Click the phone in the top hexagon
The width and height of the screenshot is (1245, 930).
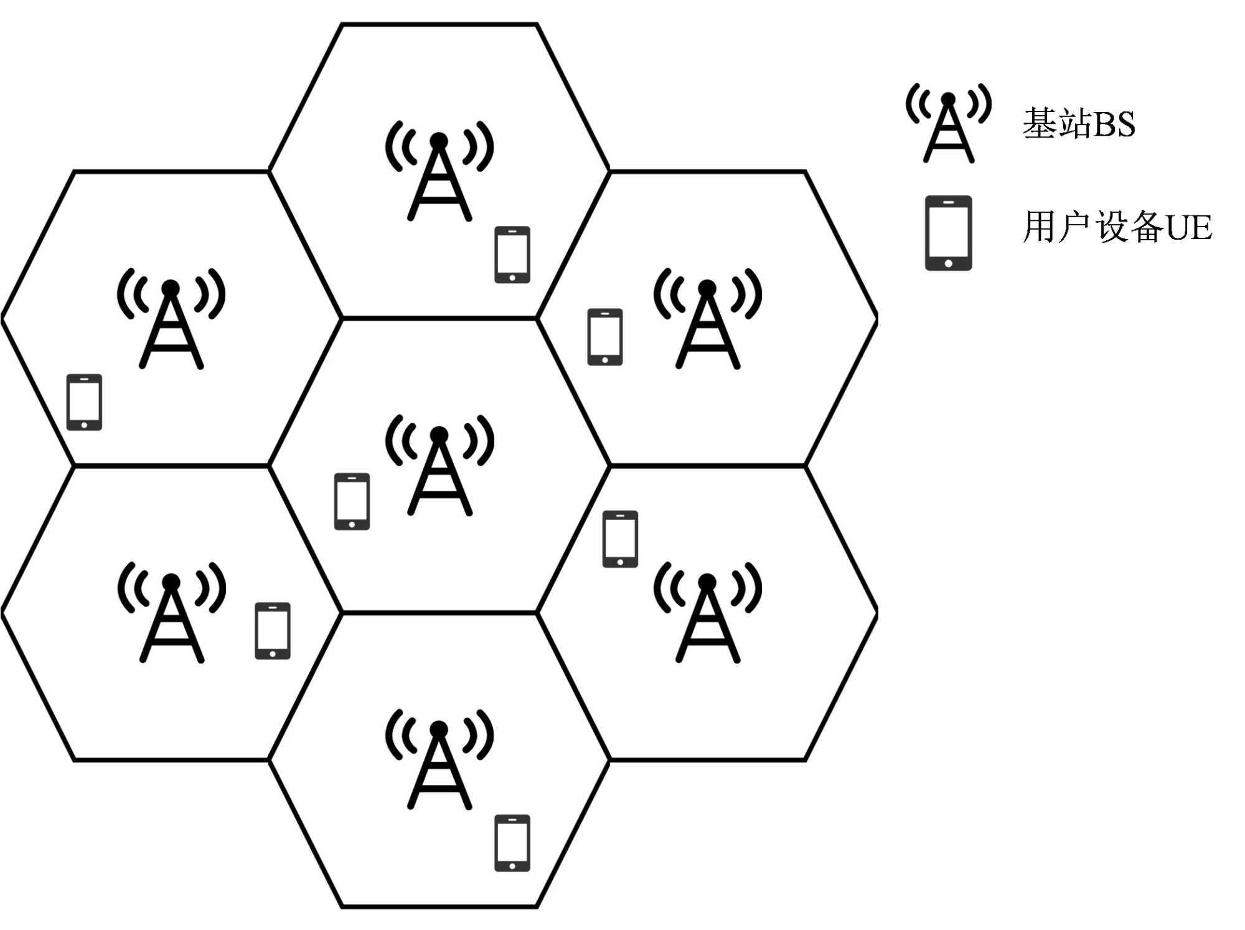tap(512, 255)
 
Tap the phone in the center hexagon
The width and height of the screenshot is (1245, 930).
tap(352, 501)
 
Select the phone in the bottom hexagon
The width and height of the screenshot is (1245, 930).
tap(512, 843)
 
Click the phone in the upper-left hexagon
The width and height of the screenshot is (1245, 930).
tap(84, 402)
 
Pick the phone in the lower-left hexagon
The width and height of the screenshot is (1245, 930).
tap(273, 631)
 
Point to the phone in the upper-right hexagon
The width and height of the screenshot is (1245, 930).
tap(605, 337)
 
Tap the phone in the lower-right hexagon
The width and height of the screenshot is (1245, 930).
tap(620, 539)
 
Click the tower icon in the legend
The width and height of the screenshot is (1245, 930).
tap(948, 124)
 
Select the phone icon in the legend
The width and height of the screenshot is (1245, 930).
tap(948, 233)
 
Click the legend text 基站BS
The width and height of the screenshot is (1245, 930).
tap(1079, 123)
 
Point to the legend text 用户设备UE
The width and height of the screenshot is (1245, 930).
tap(1117, 227)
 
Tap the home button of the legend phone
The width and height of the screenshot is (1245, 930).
tap(948, 263)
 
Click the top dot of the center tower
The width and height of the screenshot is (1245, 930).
tap(439, 434)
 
